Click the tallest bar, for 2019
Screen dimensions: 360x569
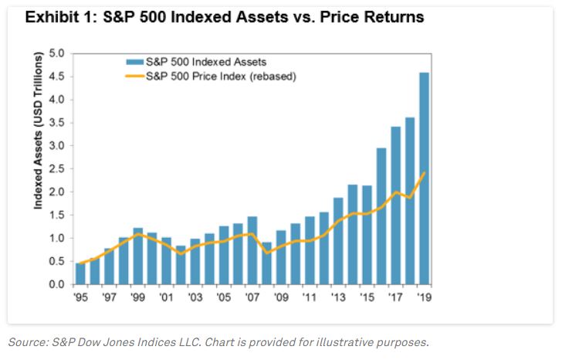point(425,178)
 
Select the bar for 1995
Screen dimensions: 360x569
point(81,273)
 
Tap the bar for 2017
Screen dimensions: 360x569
point(396,205)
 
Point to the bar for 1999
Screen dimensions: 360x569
point(138,256)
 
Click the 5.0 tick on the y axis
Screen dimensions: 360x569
point(57,53)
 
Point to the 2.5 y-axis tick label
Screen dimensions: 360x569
point(57,168)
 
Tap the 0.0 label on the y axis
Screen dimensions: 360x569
point(57,284)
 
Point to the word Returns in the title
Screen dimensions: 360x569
point(389,16)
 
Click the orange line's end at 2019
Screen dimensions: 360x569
point(425,173)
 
